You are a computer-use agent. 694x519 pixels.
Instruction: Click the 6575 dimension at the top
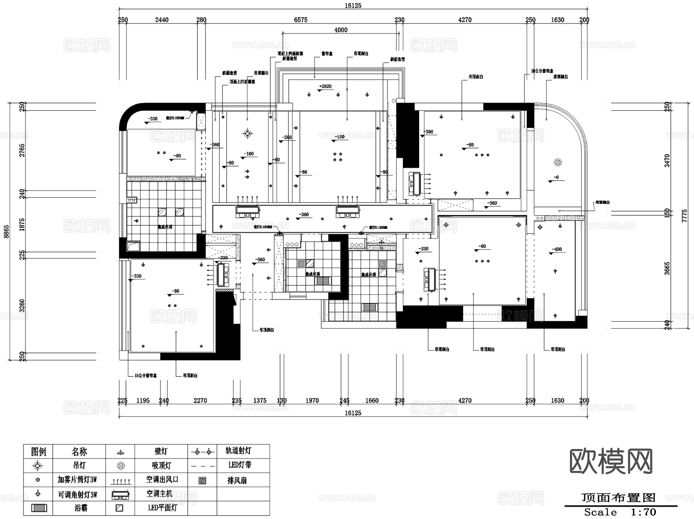[300, 20]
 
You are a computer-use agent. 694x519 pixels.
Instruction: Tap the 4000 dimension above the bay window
[340, 30]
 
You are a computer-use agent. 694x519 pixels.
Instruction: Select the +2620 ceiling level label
[325, 86]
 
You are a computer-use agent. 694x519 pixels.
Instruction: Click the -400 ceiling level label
[557, 249]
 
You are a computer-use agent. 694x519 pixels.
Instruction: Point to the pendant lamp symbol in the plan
[248, 134]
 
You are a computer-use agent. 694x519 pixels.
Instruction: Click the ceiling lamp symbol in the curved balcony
[558, 162]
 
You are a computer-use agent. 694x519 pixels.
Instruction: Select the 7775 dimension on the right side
[684, 215]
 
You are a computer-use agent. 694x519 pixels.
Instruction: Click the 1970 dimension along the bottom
[312, 401]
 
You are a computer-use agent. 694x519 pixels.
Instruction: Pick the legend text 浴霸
[81, 508]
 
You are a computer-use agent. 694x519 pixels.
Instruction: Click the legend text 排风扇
[237, 480]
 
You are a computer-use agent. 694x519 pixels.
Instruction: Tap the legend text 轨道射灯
[238, 450]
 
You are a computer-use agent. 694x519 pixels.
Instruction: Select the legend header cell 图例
[38, 451]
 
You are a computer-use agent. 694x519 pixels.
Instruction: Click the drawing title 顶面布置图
[618, 498]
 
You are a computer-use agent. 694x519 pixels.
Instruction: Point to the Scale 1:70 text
[620, 512]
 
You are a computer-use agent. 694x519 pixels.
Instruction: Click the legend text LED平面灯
[162, 508]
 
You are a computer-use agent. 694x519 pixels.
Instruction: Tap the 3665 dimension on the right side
[667, 268]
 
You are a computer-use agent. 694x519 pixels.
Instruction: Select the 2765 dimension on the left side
[22, 150]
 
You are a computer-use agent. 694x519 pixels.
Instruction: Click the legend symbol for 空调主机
[120, 494]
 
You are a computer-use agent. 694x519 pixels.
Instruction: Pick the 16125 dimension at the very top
[353, 5]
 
